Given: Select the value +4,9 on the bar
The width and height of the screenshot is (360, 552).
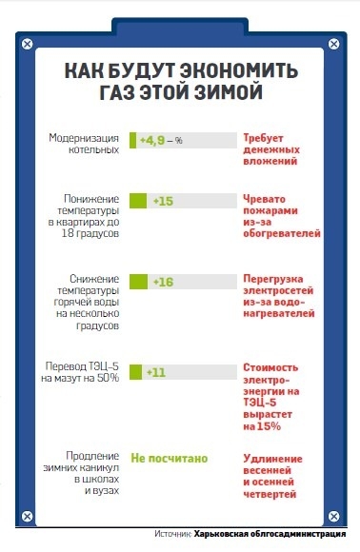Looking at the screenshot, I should [x=154, y=141].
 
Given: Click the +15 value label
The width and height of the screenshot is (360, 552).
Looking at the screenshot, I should [x=162, y=201].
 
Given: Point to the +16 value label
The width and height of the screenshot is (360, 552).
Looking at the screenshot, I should [x=162, y=283].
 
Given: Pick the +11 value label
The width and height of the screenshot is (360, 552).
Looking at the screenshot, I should [x=156, y=372].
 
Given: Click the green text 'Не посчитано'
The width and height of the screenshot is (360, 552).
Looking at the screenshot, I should [x=169, y=458].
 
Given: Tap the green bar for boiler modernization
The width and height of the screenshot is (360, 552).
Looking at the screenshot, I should [x=133, y=141].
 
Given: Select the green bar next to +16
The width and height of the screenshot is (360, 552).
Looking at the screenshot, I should [x=138, y=283].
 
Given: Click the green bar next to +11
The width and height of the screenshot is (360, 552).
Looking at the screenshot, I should [x=135, y=372].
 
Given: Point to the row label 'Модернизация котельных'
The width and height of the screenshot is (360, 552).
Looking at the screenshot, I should [x=85, y=145].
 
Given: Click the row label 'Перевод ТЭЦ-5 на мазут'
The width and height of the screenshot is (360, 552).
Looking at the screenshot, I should [x=80, y=372].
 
